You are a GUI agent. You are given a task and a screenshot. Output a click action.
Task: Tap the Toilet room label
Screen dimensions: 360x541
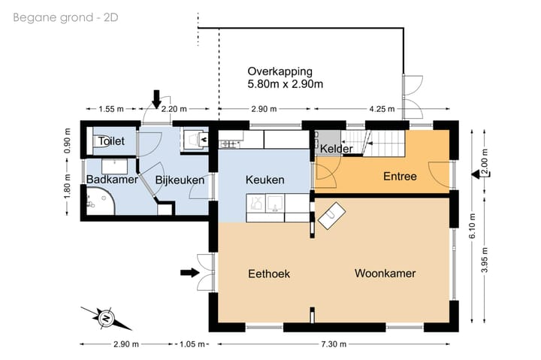(x=110, y=140)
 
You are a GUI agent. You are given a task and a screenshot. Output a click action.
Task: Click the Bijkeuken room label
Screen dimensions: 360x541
(x=180, y=180)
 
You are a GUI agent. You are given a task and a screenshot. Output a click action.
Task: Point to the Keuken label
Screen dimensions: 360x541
(x=265, y=180)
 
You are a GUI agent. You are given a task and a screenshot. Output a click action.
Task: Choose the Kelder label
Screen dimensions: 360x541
(x=336, y=150)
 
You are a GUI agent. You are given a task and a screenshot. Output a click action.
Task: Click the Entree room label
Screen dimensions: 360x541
(x=400, y=176)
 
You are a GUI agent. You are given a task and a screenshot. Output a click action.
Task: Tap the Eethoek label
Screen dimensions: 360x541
(x=268, y=274)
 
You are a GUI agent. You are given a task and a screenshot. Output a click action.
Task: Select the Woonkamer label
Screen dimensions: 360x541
(x=385, y=274)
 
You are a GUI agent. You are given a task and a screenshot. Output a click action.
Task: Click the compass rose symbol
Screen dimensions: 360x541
(x=105, y=318)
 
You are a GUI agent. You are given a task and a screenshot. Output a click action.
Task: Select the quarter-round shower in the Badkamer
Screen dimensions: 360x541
(x=98, y=200)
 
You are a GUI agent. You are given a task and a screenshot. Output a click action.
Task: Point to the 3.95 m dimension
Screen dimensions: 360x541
(x=485, y=260)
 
